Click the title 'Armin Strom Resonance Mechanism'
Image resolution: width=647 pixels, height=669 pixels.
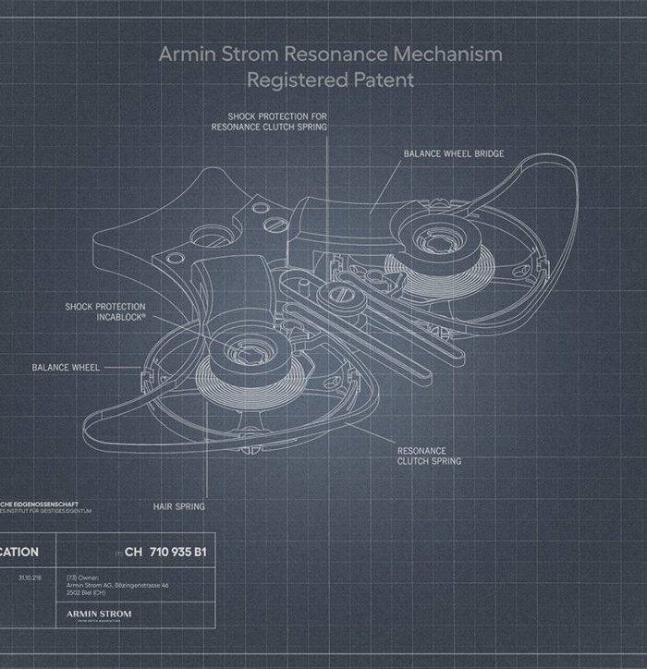(330, 54)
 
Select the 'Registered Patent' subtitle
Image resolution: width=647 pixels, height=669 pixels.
(330, 80)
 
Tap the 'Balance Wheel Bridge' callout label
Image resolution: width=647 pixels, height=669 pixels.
(454, 153)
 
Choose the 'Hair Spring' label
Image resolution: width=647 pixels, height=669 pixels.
(178, 506)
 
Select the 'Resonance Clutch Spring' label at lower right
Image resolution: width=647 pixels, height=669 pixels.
(429, 456)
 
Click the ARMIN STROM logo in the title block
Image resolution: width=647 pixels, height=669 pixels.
(100, 614)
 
